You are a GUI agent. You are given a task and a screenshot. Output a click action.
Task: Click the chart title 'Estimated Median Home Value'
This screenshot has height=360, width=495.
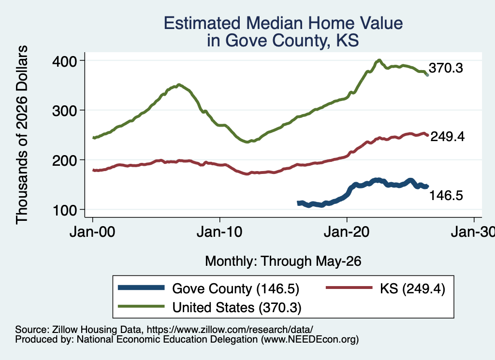pyautogui.click(x=283, y=23)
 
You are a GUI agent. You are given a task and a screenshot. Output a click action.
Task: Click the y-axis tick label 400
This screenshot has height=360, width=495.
pyautogui.click(x=65, y=61)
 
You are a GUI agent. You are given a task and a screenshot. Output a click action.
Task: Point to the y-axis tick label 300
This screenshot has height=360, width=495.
pyautogui.click(x=65, y=111)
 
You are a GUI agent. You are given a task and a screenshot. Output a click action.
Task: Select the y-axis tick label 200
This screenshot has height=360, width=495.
pyautogui.click(x=65, y=160)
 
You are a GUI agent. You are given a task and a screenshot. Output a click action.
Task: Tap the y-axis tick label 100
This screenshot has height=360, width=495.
pyautogui.click(x=65, y=210)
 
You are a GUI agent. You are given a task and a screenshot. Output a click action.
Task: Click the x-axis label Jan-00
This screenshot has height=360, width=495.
pyautogui.click(x=92, y=232)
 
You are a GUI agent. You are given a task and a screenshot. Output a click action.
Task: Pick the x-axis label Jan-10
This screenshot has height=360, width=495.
pyautogui.click(x=219, y=232)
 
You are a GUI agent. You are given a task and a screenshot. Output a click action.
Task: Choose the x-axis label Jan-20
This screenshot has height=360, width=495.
pyautogui.click(x=347, y=232)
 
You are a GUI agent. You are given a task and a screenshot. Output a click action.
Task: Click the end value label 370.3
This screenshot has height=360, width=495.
pyautogui.click(x=446, y=68)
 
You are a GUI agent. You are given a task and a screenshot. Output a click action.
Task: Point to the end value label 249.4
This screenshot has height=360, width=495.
pyautogui.click(x=447, y=136)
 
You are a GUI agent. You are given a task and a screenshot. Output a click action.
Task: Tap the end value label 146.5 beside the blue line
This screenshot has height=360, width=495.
pyautogui.click(x=446, y=195)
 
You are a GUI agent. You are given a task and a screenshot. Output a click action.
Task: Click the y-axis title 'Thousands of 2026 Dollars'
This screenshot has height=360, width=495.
pyautogui.click(x=22, y=135)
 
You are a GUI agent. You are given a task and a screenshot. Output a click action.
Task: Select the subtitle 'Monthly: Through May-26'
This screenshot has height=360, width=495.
pyautogui.click(x=283, y=261)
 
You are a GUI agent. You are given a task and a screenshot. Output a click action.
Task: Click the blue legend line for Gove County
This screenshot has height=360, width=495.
pyautogui.click(x=141, y=288)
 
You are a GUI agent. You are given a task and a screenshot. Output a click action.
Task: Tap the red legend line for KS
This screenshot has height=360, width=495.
pyautogui.click(x=349, y=288)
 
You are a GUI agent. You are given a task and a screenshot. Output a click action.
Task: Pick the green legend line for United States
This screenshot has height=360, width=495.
pyautogui.click(x=141, y=306)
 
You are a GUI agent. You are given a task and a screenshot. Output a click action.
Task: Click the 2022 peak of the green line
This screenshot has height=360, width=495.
pyautogui.click(x=379, y=60)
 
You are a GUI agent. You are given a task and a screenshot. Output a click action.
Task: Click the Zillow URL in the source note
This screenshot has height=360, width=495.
pyautogui.click(x=230, y=330)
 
